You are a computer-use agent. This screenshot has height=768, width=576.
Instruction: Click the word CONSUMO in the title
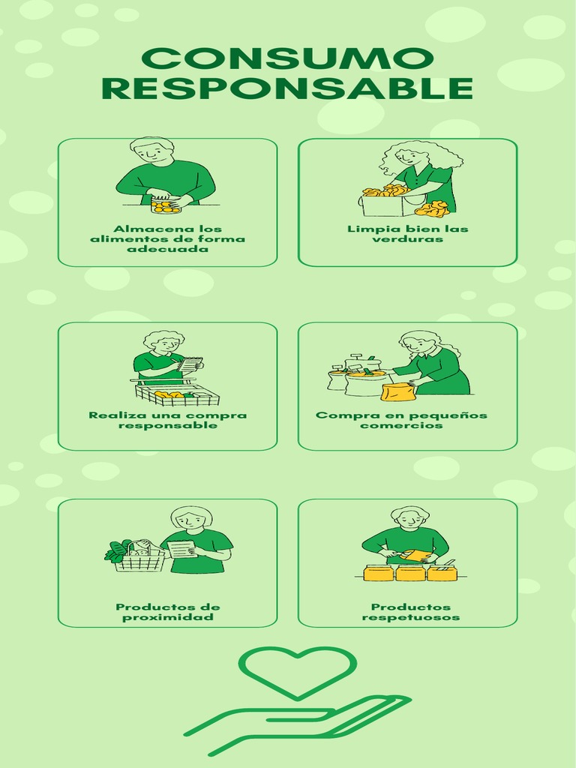(287, 59)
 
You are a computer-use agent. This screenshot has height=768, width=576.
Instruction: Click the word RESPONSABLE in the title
(287, 88)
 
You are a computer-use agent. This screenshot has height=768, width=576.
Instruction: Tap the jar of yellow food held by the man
(165, 205)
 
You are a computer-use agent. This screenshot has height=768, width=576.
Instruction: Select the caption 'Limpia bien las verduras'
(407, 234)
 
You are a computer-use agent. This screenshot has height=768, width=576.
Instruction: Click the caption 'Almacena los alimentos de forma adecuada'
(167, 238)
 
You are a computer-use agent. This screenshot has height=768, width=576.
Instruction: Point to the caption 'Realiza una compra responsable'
(167, 420)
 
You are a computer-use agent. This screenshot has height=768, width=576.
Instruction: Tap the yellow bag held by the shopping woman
(398, 391)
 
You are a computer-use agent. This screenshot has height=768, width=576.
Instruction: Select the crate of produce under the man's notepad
(178, 394)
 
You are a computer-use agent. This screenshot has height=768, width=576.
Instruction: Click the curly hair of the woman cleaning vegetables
(442, 154)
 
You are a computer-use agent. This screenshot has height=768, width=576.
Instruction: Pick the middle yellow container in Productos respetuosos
(410, 574)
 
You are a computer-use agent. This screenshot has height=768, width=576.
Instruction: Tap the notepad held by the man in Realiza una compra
(190, 364)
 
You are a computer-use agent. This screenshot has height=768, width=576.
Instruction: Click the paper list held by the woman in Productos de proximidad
(182, 549)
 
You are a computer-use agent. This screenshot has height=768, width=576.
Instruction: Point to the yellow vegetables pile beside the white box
(433, 208)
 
